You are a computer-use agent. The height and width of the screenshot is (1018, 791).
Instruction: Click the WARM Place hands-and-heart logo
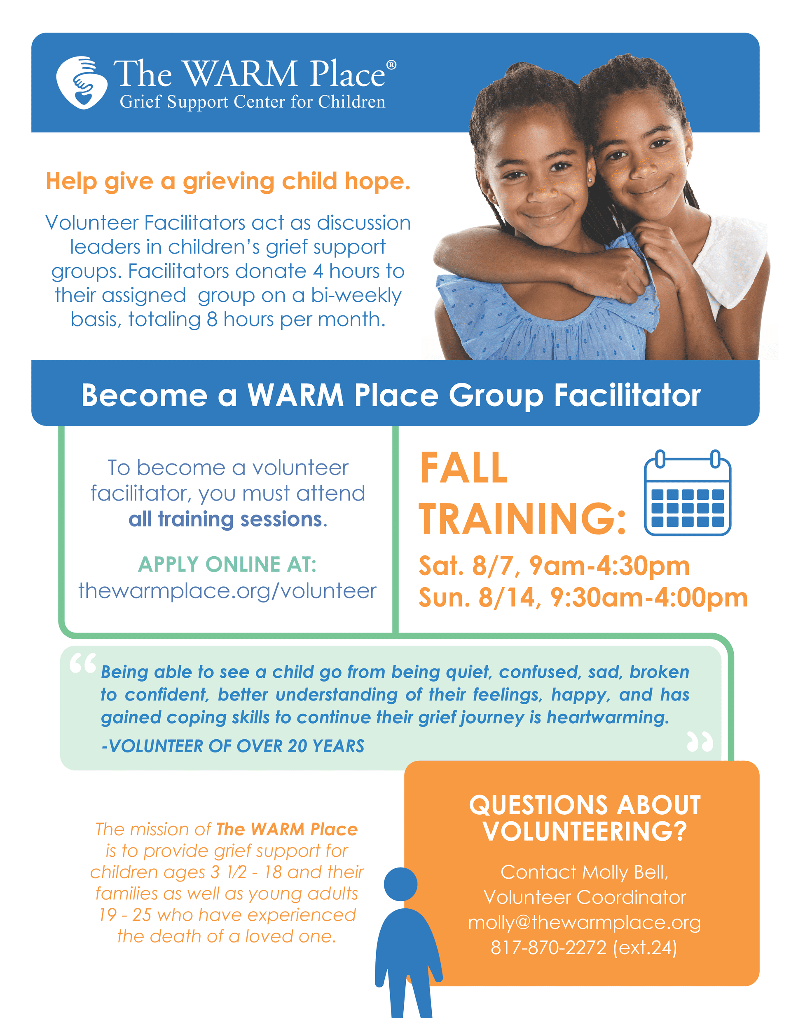(x=82, y=83)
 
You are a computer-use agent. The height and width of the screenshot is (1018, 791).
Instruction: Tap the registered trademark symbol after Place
(x=392, y=65)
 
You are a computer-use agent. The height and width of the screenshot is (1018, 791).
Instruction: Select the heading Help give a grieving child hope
(x=228, y=182)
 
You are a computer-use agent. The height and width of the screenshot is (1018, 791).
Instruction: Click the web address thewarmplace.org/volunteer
(x=227, y=591)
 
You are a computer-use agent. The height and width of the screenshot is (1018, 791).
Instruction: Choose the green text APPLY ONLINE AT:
(x=227, y=564)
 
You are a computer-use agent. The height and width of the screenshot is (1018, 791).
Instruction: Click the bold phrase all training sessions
(x=225, y=519)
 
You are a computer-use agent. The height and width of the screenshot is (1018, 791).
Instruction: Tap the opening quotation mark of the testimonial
(x=83, y=663)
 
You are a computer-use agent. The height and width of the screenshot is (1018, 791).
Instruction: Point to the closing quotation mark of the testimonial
(x=700, y=742)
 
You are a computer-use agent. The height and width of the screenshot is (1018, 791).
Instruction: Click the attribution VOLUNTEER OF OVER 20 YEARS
(x=236, y=746)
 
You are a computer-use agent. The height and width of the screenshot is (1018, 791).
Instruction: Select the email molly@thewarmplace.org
(x=584, y=923)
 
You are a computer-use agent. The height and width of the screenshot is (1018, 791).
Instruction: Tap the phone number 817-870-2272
(x=549, y=948)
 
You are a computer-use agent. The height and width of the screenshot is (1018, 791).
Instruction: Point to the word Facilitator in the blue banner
(x=627, y=395)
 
